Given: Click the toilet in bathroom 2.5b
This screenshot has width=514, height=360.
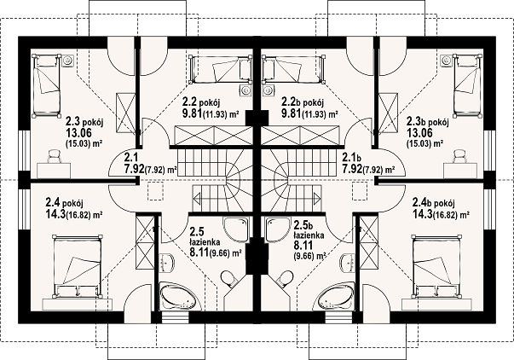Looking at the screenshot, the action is coord(284,278).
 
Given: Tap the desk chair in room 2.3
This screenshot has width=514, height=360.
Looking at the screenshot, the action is coord(55,156).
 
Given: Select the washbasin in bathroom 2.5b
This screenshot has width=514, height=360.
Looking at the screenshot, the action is coord(348,263).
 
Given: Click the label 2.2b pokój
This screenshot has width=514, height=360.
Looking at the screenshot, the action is coord(303,102).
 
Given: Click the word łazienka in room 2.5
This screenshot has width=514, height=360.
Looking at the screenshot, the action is coord(205,242).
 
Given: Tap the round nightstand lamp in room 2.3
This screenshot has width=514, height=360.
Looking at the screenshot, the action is coord(67,60).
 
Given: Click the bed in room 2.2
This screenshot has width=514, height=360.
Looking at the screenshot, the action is coord(222,68).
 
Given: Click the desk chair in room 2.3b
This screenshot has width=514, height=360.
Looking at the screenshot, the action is coord(459,156).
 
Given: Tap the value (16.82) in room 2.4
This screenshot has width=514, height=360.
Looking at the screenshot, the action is coord(78,215).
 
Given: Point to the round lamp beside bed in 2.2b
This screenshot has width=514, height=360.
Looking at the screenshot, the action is coord(269,90).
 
